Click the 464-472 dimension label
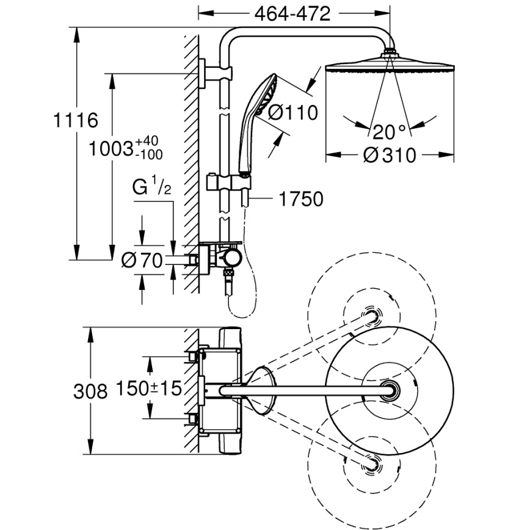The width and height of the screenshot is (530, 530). (x=294, y=13)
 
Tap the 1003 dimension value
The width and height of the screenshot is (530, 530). (x=111, y=148)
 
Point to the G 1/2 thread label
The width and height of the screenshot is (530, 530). (x=151, y=188)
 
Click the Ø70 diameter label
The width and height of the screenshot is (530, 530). (x=142, y=261)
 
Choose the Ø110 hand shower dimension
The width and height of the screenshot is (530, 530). (x=294, y=113)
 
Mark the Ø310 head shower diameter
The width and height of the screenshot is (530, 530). (x=389, y=155)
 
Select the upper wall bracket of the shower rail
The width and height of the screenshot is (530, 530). (x=208, y=73)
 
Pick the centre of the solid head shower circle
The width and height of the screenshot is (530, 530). (x=389, y=389)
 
